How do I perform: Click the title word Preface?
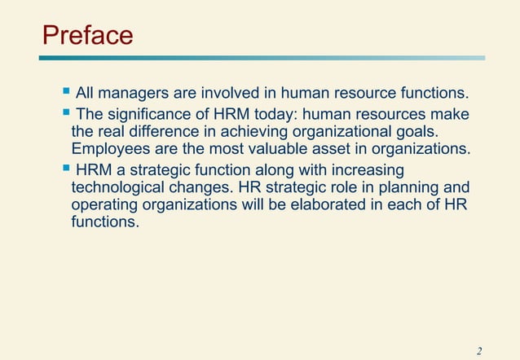87,35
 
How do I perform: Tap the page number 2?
479,351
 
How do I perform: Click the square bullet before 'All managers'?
66,95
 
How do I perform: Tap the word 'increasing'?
361,170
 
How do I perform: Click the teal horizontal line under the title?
262,58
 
